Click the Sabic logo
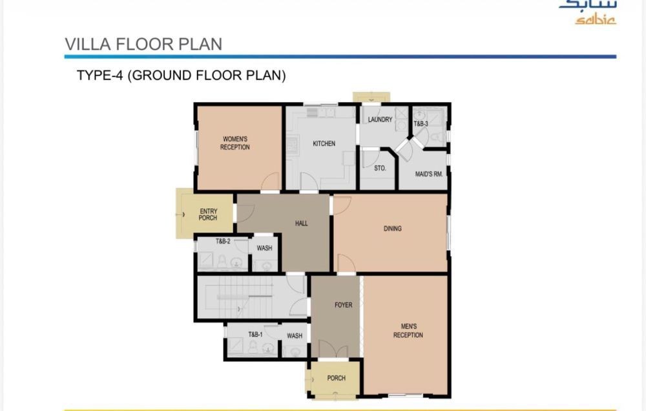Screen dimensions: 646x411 click(589, 12)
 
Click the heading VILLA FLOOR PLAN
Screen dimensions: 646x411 click(143, 44)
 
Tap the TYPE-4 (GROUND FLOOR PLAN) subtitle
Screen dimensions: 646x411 click(182, 76)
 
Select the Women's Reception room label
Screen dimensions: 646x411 click(235, 143)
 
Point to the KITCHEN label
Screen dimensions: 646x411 click(324, 143)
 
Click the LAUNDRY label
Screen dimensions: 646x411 click(380, 120)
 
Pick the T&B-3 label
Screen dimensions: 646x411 click(421, 123)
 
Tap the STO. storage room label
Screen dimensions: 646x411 click(380, 168)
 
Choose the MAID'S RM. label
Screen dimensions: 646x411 click(429, 174)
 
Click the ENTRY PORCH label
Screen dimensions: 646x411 click(208, 215)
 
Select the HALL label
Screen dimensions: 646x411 click(301, 224)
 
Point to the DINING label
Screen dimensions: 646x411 click(392, 228)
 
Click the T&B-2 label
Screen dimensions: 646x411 click(223, 241)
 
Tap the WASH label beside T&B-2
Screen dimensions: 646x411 click(264, 248)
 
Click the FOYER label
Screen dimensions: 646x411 click(343, 305)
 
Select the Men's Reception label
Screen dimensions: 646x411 click(408, 331)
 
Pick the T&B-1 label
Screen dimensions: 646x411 click(255, 334)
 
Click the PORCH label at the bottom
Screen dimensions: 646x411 click(336, 378)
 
